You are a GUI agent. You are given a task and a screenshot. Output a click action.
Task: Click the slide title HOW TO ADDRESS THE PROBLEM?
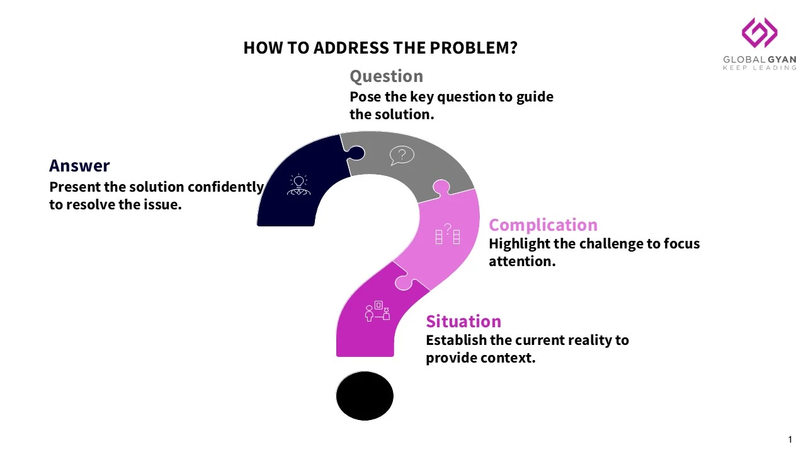[380, 47]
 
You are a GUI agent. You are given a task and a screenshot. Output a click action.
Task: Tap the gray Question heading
[386, 76]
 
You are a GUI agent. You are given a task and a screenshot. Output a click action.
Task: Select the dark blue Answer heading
[79, 166]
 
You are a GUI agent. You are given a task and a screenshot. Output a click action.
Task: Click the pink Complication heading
[543, 225]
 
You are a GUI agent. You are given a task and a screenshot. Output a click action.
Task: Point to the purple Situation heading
[463, 322]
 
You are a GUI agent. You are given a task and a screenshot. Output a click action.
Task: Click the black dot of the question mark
[365, 395]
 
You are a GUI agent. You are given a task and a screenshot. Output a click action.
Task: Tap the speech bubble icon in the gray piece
[402, 155]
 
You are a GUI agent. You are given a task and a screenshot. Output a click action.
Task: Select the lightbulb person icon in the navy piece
[298, 185]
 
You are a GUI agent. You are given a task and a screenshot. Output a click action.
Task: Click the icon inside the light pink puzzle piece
[447, 233]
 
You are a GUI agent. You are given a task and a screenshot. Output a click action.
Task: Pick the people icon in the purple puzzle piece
[377, 311]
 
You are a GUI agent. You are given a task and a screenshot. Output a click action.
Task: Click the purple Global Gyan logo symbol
[759, 32]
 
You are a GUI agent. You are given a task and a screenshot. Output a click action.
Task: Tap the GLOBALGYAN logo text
[759, 59]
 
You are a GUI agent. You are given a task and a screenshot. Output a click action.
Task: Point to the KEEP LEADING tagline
[759, 67]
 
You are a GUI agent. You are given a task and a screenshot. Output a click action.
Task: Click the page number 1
[790, 439]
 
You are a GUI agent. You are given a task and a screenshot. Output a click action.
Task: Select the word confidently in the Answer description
[225, 187]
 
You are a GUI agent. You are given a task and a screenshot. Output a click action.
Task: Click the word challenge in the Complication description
[611, 244]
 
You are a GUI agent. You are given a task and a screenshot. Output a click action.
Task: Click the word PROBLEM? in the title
[474, 47]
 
